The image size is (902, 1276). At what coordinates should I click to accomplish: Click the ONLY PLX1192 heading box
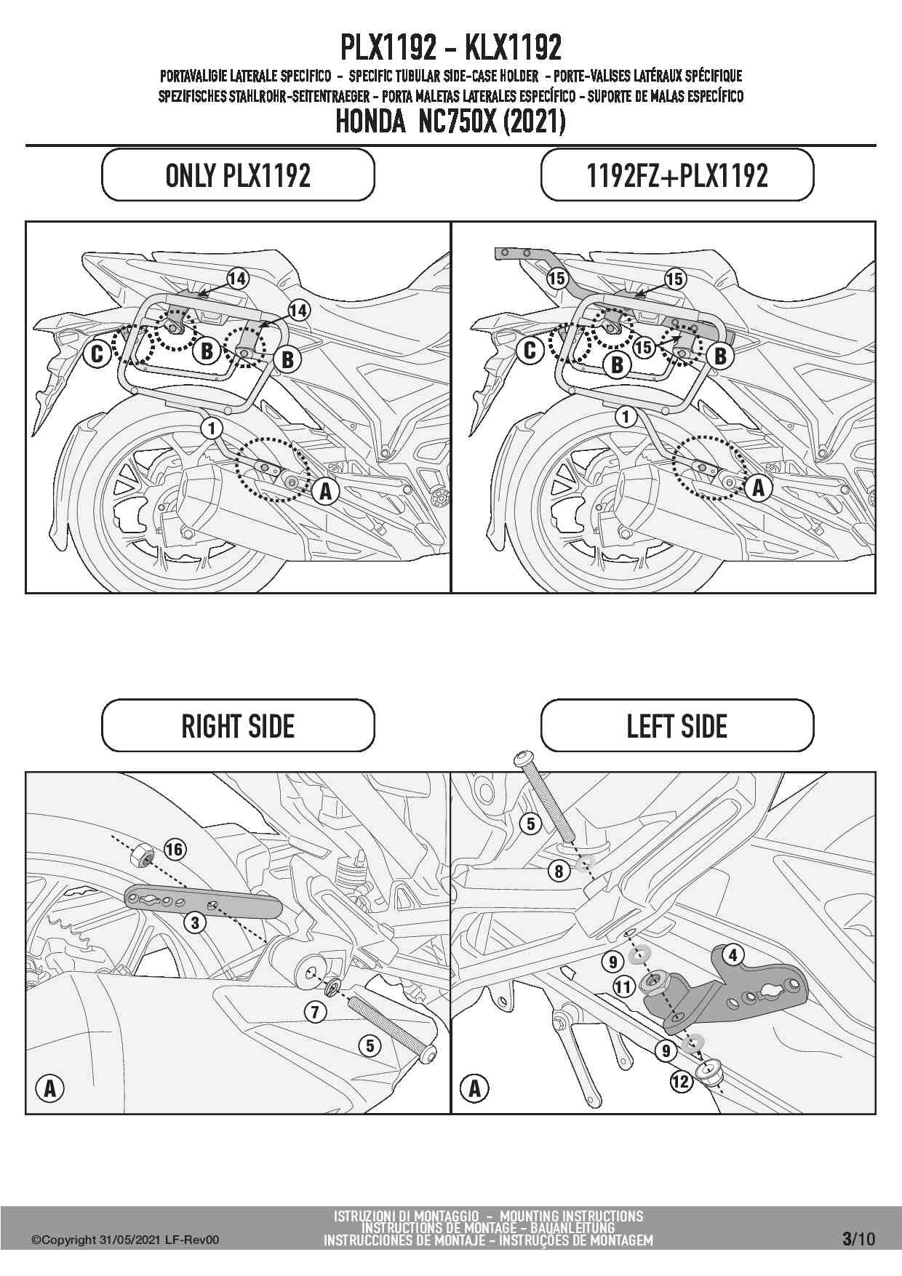[238, 175]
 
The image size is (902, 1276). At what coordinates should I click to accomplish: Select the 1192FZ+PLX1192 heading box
[677, 175]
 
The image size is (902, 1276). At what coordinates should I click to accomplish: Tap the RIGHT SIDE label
[238, 726]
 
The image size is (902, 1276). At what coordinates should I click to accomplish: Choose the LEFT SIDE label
[677, 726]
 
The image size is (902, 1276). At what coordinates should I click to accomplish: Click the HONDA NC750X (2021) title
[450, 121]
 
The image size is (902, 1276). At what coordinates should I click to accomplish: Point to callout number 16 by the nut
[175, 849]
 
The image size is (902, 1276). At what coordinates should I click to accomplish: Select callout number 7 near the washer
[315, 1011]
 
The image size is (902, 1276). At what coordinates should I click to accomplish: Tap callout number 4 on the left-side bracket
[733, 954]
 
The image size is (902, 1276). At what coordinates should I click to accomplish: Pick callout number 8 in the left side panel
[559, 871]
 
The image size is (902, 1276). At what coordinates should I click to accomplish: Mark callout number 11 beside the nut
[623, 987]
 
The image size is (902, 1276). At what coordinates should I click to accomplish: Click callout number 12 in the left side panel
[681, 1082]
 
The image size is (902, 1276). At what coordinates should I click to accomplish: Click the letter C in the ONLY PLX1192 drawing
[97, 354]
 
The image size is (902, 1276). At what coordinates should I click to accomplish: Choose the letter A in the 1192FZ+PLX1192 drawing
[759, 487]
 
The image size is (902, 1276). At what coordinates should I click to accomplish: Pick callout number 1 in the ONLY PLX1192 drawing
[212, 428]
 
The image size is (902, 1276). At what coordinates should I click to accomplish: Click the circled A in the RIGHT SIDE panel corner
[49, 1088]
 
